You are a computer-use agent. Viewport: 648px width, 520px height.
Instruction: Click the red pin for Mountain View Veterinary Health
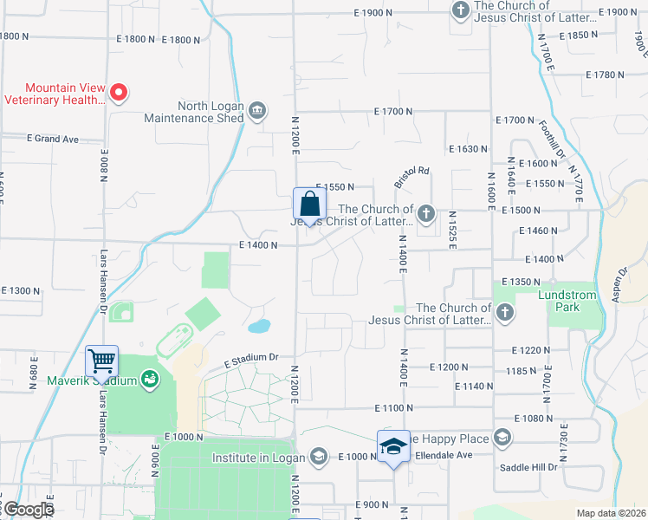tap(120, 92)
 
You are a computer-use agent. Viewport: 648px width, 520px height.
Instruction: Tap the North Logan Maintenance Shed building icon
tap(257, 110)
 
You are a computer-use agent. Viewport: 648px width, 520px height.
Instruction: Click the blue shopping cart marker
tap(102, 361)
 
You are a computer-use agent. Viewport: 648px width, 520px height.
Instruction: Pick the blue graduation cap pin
tap(393, 445)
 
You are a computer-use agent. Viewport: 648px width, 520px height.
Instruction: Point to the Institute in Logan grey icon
tap(318, 458)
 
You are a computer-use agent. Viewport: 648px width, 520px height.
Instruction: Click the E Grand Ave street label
tap(52, 139)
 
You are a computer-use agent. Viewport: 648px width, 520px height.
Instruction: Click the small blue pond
tap(258, 327)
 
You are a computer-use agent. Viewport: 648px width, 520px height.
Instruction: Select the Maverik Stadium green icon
tap(151, 380)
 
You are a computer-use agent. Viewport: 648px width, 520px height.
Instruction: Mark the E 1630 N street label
tap(468, 149)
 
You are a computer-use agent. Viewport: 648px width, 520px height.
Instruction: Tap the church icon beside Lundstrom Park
tap(504, 311)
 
